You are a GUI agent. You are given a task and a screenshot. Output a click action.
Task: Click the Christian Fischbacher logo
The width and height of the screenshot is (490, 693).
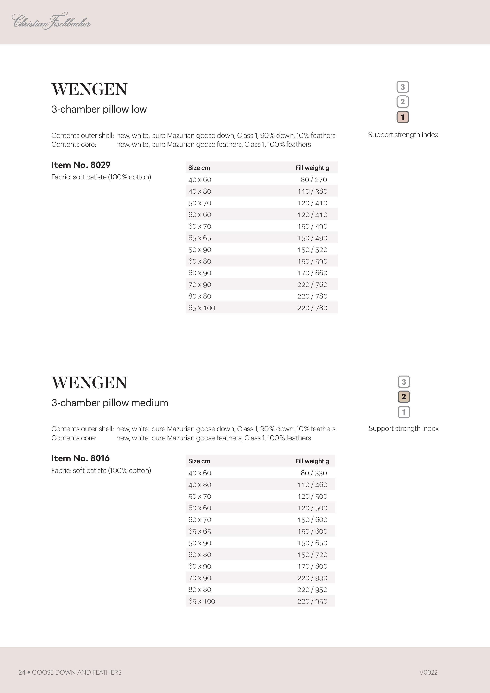51,21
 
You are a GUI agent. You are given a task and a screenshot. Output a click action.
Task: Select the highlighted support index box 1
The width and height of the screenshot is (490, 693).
402,117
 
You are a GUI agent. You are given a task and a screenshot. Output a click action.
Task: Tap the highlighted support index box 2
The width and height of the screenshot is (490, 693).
404,397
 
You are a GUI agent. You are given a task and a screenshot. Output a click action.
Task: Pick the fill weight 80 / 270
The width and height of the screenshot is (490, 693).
314,180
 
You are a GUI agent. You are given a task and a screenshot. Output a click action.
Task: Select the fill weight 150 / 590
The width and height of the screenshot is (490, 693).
312,261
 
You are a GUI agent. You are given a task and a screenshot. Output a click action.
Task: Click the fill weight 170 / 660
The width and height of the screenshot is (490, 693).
312,273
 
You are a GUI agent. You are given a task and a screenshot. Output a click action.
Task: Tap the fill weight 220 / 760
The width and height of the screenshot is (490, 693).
312,285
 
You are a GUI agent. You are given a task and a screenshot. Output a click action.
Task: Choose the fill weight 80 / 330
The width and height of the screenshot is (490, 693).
314,473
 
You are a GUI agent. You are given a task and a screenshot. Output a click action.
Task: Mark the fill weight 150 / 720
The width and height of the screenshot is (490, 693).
312,555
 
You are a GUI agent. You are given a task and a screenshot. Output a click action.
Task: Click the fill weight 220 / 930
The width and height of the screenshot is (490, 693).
312,578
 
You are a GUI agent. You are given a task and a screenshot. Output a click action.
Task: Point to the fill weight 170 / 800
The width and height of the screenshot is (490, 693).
312,566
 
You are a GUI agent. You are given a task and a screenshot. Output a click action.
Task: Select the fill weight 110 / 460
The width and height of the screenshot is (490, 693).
312,485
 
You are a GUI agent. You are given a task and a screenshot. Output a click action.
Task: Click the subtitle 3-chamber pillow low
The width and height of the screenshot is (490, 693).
99,109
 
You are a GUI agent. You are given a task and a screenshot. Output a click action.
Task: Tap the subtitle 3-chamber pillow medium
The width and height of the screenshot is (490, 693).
110,403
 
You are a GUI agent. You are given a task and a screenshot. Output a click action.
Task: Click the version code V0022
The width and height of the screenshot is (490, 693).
428,672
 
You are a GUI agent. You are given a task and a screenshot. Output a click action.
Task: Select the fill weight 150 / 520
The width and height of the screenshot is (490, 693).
312,250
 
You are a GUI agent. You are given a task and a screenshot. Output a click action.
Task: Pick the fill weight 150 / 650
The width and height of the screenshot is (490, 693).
312,543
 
